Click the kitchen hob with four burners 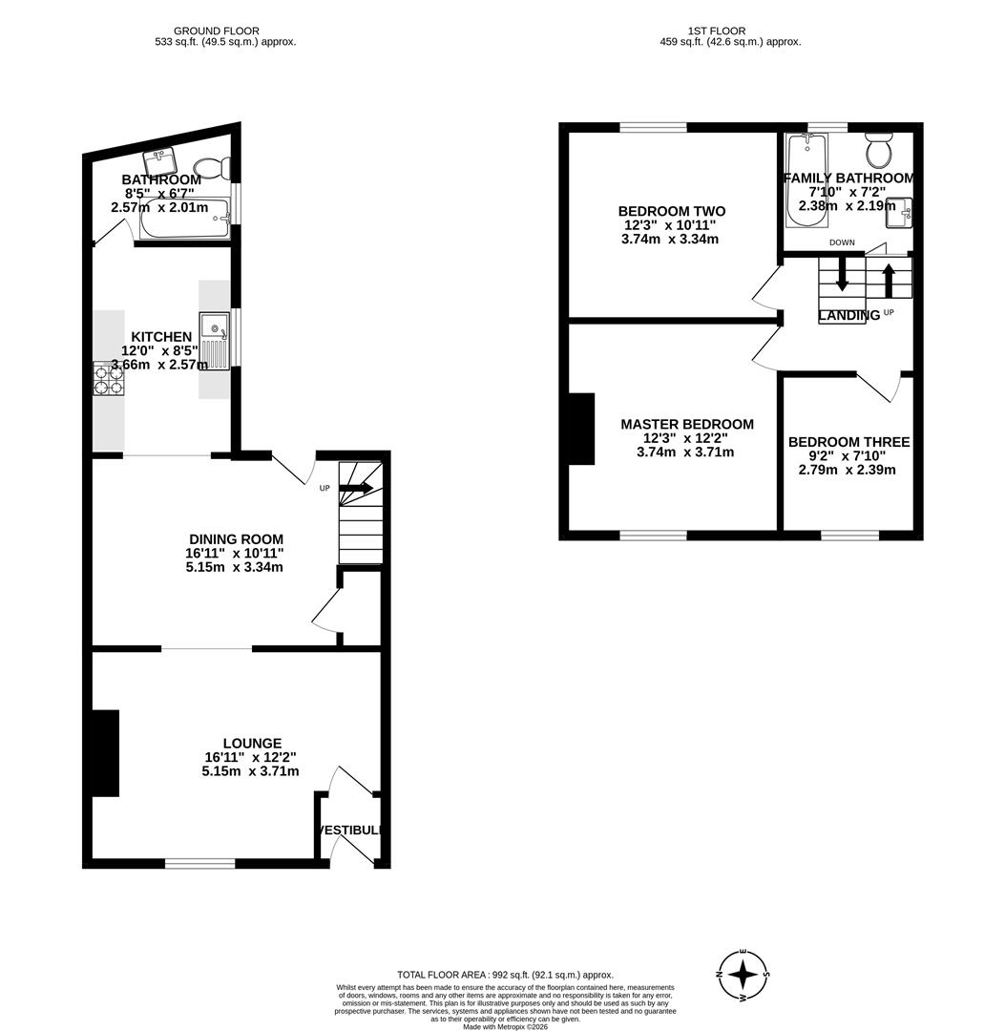pos(108,379)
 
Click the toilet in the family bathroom pos(878,152)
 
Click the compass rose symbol pos(743,975)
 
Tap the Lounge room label pos(252,743)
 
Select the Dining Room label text pos(235,539)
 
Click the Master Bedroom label pos(686,424)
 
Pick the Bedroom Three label pos(848,442)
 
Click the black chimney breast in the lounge pos(103,752)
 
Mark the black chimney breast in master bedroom pos(580,429)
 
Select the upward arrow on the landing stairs pos(888,280)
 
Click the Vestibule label pos(350,831)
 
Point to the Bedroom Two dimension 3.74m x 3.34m pos(669,239)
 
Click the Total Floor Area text pos(505,975)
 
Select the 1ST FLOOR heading pos(730,32)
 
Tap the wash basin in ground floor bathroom pos(160,159)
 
